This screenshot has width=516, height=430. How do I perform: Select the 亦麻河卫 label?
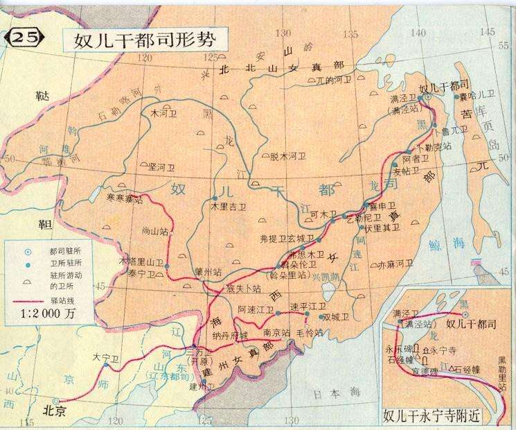(395, 264)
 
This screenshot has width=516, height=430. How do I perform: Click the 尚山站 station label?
(155, 230)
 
